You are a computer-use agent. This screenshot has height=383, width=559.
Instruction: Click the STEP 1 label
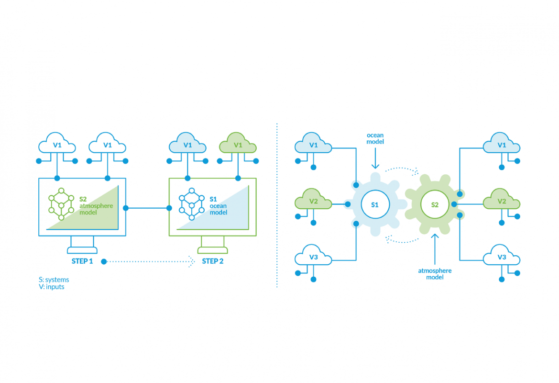[x=82, y=261]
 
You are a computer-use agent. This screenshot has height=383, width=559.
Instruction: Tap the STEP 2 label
[x=212, y=261]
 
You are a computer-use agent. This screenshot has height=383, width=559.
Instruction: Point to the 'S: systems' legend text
[x=54, y=280]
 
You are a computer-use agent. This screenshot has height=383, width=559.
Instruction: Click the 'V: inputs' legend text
[x=52, y=287]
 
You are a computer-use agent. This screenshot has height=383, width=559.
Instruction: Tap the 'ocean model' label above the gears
[x=375, y=138]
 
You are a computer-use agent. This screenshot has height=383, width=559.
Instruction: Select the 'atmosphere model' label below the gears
[x=435, y=274]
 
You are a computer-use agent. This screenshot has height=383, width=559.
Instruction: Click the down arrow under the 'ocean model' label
[x=375, y=158]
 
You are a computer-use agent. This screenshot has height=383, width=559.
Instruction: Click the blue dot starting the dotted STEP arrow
[x=104, y=262]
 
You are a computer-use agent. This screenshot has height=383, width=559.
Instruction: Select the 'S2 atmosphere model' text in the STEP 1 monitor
[x=96, y=205]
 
